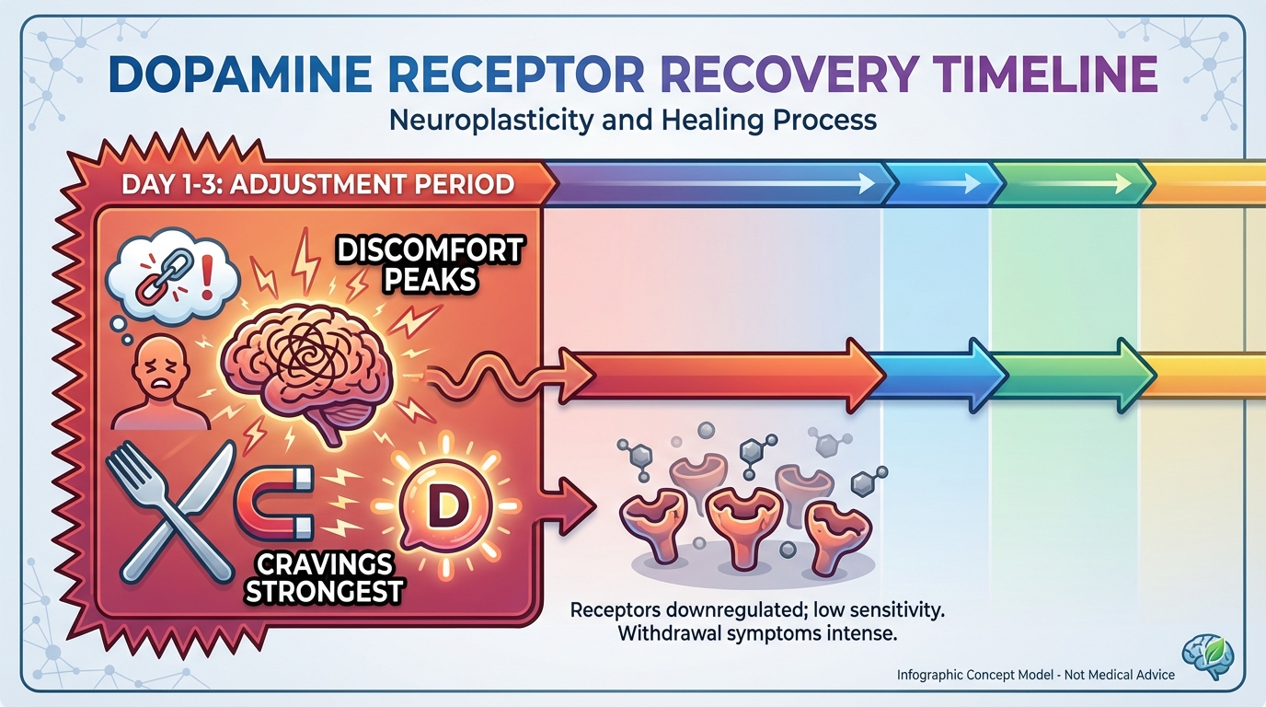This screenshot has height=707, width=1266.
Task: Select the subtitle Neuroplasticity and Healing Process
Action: pyautogui.click(x=633, y=120)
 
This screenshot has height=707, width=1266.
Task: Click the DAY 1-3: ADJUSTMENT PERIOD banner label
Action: pyautogui.click(x=317, y=183)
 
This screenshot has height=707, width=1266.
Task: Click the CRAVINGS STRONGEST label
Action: pyautogui.click(x=323, y=577)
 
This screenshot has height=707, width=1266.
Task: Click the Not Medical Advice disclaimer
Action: pyautogui.click(x=1035, y=675)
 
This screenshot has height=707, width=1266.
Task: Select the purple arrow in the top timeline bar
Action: pyautogui.click(x=718, y=184)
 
